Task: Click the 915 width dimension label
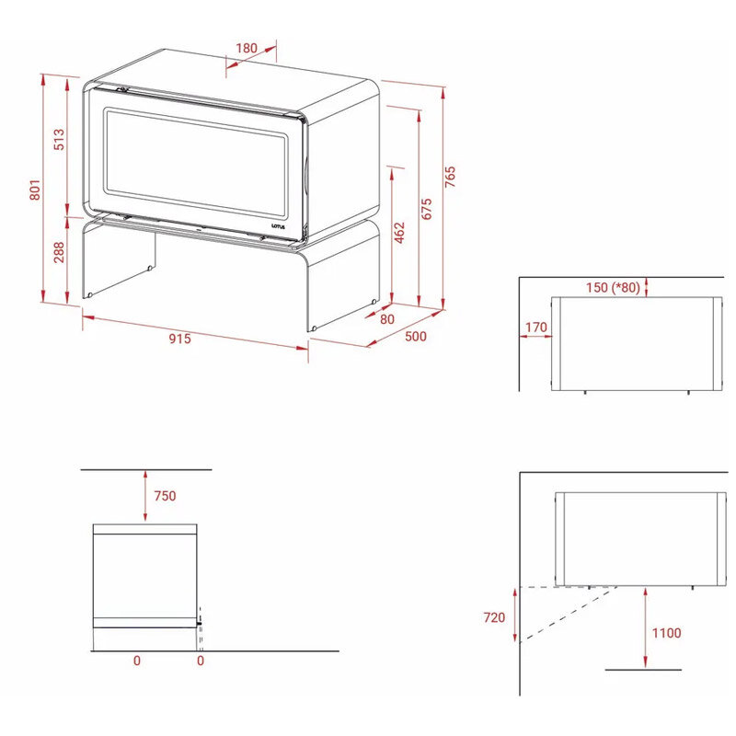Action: click(179, 339)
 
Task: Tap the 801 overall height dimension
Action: click(35, 190)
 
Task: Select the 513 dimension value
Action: click(59, 140)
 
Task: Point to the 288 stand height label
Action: click(59, 252)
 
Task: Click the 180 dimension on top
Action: click(247, 48)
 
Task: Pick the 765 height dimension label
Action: click(450, 177)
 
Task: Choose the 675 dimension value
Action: click(426, 209)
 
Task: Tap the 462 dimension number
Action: click(399, 233)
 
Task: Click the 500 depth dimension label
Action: click(416, 336)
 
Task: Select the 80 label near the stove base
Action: click(386, 319)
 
